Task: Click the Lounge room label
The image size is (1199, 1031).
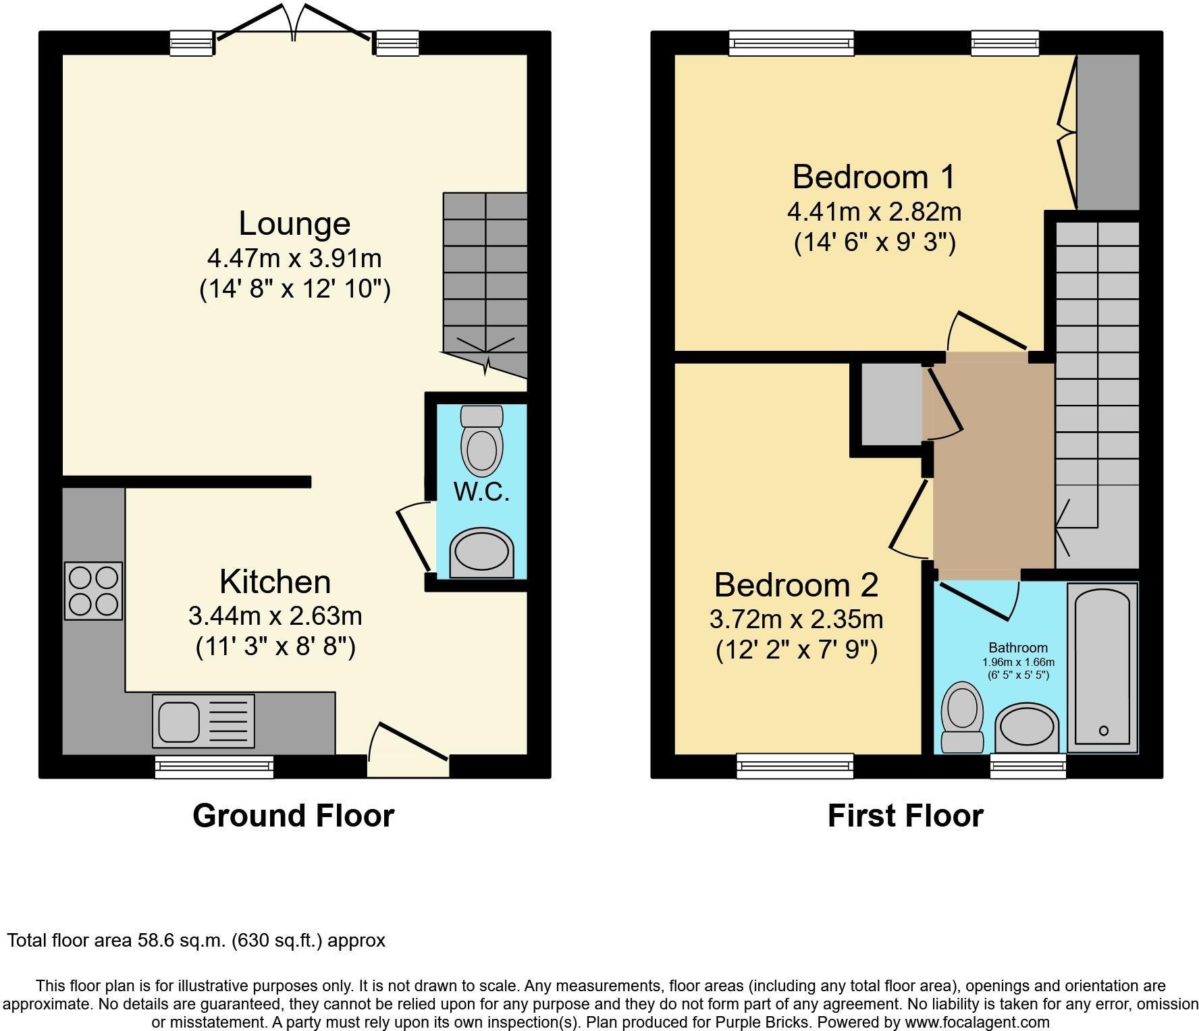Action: click(x=294, y=224)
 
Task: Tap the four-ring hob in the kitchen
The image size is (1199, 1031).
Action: click(x=93, y=590)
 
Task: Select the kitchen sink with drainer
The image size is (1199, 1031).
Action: click(x=203, y=721)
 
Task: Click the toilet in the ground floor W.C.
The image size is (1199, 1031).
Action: click(x=481, y=442)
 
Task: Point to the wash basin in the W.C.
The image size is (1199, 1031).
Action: click(x=481, y=553)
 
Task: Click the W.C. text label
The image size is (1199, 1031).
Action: click(x=481, y=492)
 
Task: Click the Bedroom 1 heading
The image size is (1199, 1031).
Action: click(x=874, y=177)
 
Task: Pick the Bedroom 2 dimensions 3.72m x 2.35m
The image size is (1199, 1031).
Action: click(x=796, y=619)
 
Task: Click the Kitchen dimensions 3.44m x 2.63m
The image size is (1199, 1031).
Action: click(x=275, y=615)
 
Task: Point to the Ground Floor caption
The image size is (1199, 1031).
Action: click(x=293, y=815)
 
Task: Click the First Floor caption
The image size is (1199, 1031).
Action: click(x=905, y=815)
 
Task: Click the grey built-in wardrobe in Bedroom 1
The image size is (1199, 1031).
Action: click(x=1107, y=132)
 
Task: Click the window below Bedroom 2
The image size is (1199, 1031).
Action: click(x=795, y=766)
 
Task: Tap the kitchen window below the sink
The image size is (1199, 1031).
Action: click(x=214, y=767)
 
